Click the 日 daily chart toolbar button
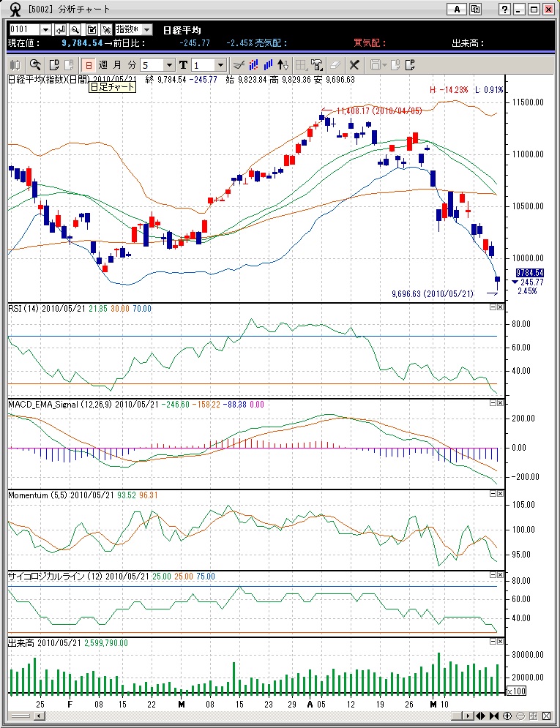[89, 64]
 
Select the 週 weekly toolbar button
[103, 64]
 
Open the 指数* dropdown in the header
[133, 29]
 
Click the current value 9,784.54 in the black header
[82, 43]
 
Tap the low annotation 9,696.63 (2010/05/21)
[433, 293]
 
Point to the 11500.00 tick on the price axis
[526, 102]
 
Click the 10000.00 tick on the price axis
[526, 258]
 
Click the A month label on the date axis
[310, 704]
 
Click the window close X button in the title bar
[548, 10]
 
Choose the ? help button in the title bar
[505, 10]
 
